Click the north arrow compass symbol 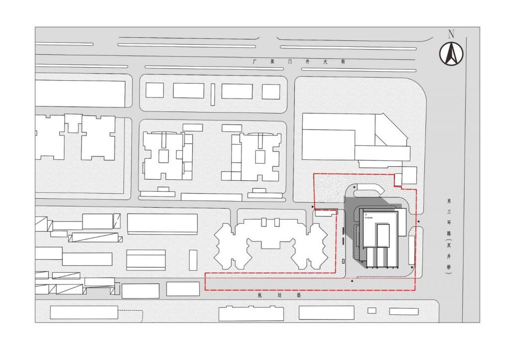(x=451, y=53)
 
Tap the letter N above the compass (x=451, y=34)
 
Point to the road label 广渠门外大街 (x=298, y=62)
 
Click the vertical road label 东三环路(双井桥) (x=449, y=237)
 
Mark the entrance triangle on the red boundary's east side (x=419, y=221)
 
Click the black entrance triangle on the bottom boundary (x=353, y=282)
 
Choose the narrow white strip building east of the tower (x=411, y=250)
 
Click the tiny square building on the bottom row (x=372, y=311)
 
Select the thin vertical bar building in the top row (x=213, y=94)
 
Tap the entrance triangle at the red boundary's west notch (x=312, y=206)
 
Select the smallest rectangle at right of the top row (x=271, y=91)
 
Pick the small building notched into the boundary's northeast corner (x=409, y=175)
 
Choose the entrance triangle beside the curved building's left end (x=354, y=187)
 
